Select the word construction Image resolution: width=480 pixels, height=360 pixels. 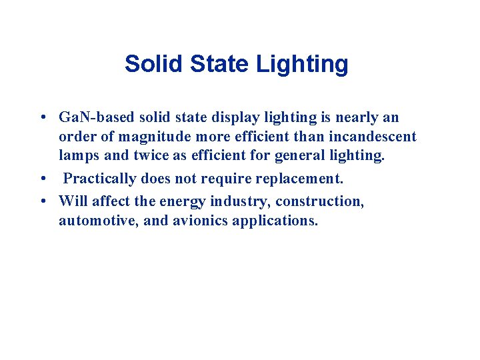coord(319,201)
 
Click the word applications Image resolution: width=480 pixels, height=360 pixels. coord(275,220)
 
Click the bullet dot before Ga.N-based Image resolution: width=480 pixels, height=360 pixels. coord(42,118)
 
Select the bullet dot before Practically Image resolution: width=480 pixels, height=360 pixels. coord(42,179)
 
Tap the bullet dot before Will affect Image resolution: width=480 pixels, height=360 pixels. coord(42,201)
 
